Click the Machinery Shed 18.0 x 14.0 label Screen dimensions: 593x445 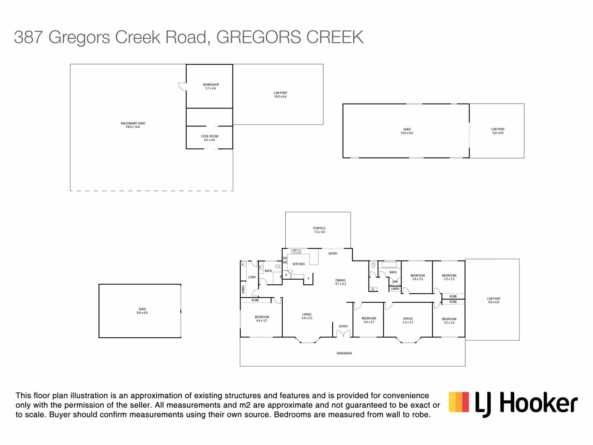tap(133, 125)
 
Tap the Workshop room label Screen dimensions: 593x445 tap(211, 87)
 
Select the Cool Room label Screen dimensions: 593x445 tap(209, 138)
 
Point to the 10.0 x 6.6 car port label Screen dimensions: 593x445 tap(280, 95)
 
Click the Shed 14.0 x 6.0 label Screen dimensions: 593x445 tap(407, 131)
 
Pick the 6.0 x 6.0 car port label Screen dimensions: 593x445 tap(498, 131)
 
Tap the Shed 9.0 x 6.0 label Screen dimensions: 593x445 tap(142, 311)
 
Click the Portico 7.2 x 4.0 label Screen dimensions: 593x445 tap(319, 230)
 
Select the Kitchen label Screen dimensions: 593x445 tap(299, 264)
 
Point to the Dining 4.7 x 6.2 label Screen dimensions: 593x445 tap(340, 282)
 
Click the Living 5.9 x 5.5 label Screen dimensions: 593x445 tap(307, 316)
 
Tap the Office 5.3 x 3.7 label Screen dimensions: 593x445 tap(408, 320)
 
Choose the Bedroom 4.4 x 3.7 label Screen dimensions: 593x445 tap(262, 319)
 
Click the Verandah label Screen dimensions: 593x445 tap(344, 353)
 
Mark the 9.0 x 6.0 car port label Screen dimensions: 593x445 tap(494, 300)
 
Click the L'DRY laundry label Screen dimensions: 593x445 tap(252, 277)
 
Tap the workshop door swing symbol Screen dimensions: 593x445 tap(183, 87)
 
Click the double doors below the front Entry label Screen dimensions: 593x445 tap(343, 334)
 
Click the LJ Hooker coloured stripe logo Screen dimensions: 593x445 tap(459, 402)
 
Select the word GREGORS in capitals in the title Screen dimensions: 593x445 tap(259, 37)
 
